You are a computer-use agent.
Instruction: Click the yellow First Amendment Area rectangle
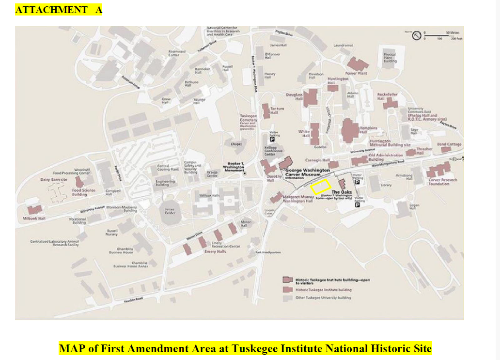tap(320, 187)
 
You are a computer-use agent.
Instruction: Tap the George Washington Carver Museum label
tap(308, 173)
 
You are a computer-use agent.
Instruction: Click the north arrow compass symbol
tap(416, 35)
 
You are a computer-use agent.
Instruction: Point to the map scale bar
tap(441, 35)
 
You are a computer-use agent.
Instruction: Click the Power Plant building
tap(358, 64)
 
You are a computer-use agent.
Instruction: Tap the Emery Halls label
tap(215, 251)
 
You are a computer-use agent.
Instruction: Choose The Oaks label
tap(341, 192)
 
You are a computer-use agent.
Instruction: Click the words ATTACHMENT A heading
tap(59, 10)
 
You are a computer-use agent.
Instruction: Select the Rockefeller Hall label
tap(387, 96)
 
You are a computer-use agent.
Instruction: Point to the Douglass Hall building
tap(310, 97)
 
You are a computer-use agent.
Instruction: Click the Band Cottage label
tap(449, 144)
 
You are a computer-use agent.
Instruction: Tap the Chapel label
tap(236, 144)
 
